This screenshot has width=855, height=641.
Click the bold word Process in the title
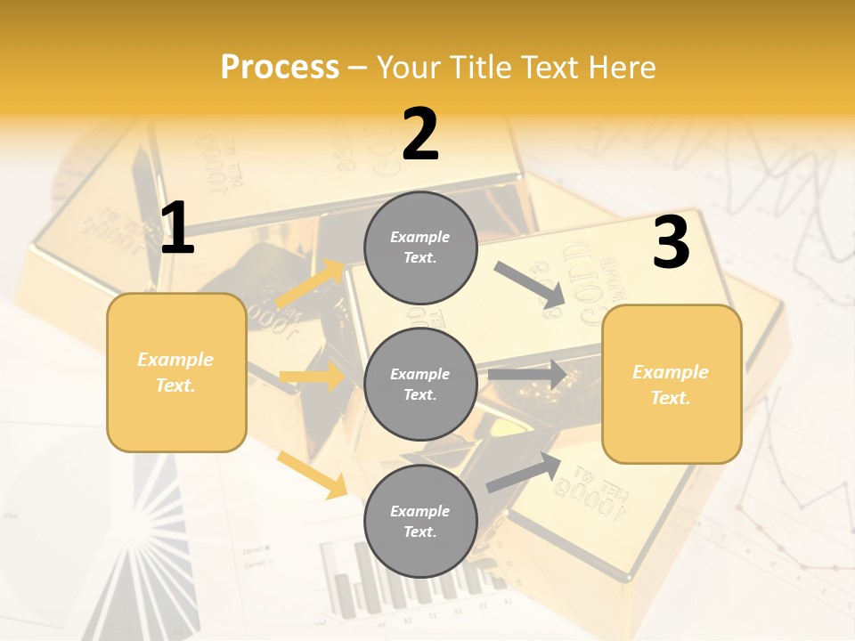click(x=280, y=68)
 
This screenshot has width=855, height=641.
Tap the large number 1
click(x=177, y=229)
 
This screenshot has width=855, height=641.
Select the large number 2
click(x=420, y=134)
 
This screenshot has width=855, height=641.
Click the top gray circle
click(x=420, y=247)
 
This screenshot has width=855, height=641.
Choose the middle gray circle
click(x=420, y=385)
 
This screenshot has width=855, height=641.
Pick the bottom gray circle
click(x=420, y=521)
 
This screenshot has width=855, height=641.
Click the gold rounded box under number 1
click(x=176, y=372)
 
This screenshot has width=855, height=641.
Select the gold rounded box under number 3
click(x=672, y=385)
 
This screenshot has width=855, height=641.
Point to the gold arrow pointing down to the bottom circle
click(x=313, y=474)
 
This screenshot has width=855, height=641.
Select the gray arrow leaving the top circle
click(x=530, y=285)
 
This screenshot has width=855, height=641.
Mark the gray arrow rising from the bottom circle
click(x=524, y=472)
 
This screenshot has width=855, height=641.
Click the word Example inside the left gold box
click(x=175, y=360)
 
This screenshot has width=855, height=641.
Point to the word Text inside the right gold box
click(x=671, y=398)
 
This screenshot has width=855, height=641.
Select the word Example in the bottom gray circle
click(x=420, y=511)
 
